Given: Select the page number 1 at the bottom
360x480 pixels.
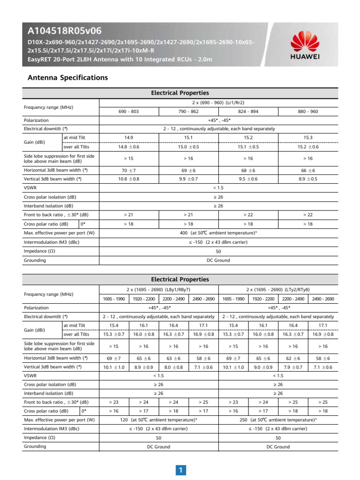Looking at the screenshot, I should [180, 470].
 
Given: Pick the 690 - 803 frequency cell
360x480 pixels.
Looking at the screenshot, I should [128, 112].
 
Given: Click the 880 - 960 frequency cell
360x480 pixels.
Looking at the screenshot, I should [308, 112].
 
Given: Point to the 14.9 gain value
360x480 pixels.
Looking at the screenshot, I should [128, 137].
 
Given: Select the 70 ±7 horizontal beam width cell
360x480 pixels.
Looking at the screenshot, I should [128, 170].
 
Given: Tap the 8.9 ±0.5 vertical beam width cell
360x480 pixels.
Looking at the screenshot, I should [308, 179].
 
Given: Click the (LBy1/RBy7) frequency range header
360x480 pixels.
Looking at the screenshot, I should [159, 290].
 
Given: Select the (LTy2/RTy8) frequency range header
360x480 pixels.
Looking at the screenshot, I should [278, 290].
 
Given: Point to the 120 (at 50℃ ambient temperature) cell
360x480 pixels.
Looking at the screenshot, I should [159, 420].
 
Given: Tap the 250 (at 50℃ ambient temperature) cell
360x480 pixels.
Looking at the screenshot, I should [278, 420].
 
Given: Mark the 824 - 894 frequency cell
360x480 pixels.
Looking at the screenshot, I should [248, 112].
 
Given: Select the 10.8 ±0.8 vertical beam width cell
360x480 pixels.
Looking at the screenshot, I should [128, 179].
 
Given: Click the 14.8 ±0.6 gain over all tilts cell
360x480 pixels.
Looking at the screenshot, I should [128, 146].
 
